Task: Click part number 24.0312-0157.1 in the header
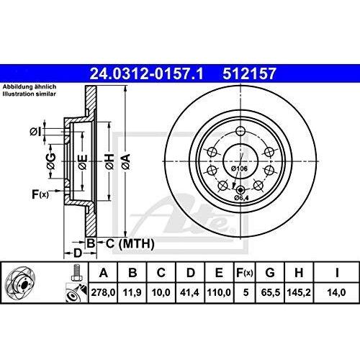point(138,73)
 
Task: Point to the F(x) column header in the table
point(248,272)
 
